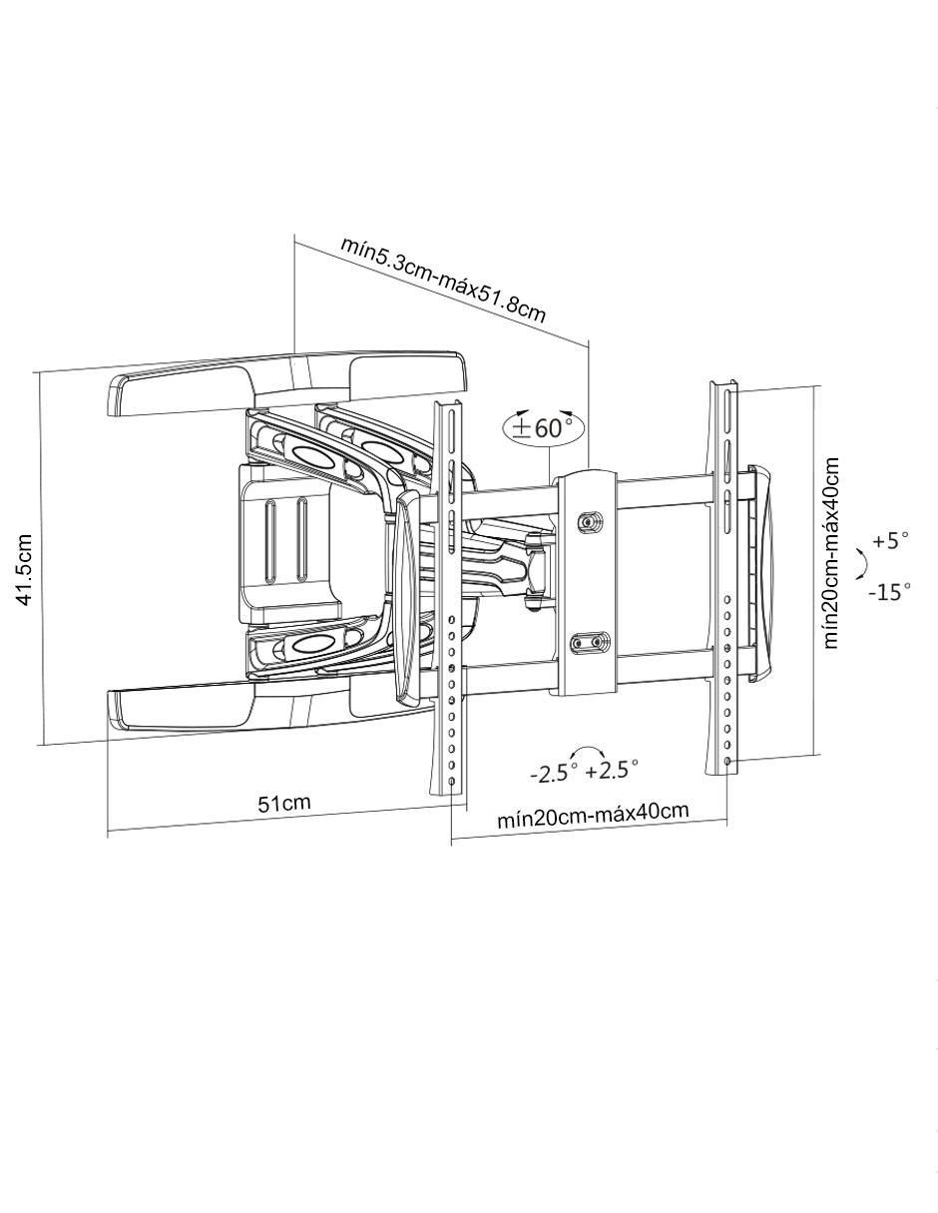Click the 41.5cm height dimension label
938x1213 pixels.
click(x=25, y=569)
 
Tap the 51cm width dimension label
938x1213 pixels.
click(x=283, y=803)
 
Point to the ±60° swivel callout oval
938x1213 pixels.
click(x=543, y=428)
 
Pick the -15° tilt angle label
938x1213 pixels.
click(x=889, y=591)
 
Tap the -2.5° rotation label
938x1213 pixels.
click(x=553, y=773)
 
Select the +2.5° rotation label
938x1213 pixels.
click(x=612, y=771)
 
